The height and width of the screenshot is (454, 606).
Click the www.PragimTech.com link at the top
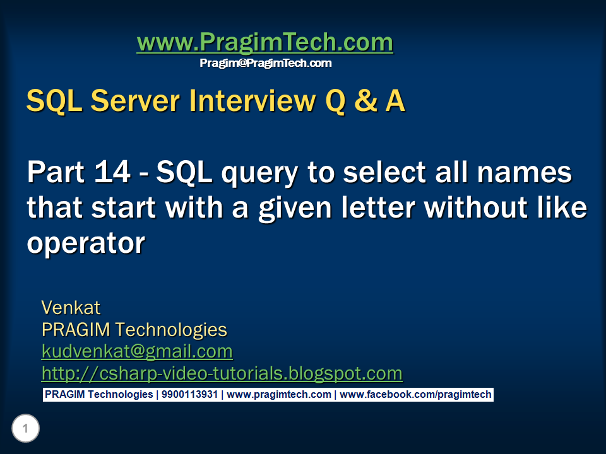point(264,43)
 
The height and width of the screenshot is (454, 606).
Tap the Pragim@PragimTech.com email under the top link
point(265,63)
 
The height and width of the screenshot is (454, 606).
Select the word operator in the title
point(86,243)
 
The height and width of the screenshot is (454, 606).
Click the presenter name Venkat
point(71,308)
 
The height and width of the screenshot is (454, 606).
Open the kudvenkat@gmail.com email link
point(137,351)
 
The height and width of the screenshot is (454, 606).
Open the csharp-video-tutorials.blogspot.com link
point(222,373)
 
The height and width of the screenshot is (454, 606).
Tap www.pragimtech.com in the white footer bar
point(279,395)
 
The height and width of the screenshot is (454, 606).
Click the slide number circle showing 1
point(25,429)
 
